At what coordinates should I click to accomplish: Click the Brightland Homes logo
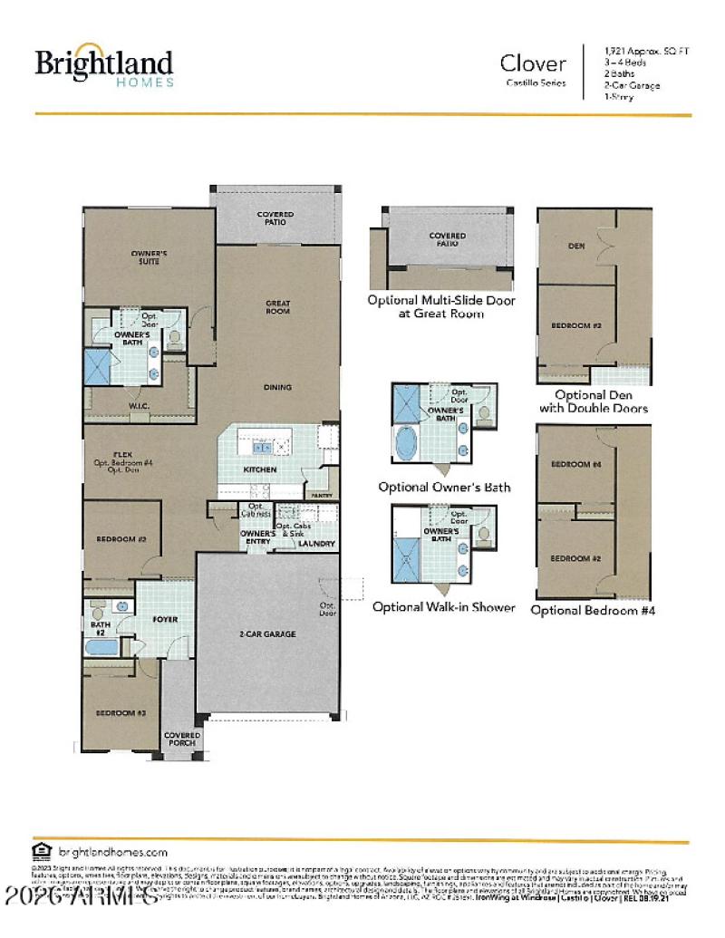(103, 68)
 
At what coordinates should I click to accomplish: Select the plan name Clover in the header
(533, 63)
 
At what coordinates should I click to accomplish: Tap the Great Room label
(277, 307)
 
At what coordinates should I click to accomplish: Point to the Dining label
(277, 387)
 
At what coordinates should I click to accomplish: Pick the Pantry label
(323, 496)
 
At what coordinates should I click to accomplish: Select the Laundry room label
(317, 544)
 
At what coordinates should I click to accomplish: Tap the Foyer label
(164, 620)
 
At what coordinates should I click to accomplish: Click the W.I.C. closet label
(139, 405)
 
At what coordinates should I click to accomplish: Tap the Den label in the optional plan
(575, 245)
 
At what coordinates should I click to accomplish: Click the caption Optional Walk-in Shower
(443, 606)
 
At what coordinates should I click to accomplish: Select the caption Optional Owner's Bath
(444, 487)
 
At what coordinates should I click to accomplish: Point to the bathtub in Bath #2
(101, 648)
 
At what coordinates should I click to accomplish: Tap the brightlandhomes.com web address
(113, 852)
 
